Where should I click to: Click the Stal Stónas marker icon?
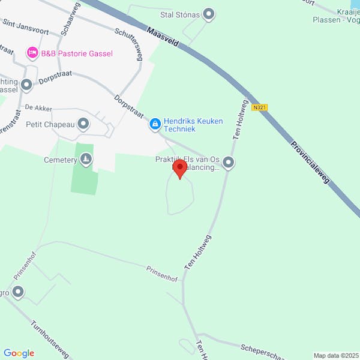tap(209, 14)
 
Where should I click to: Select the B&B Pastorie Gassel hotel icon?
tap(32, 53)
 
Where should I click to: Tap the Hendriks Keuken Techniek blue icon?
tap(155, 124)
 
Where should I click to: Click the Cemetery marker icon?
tap(86, 159)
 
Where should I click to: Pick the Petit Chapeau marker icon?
tap(83, 125)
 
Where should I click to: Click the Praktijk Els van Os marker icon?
tap(229, 162)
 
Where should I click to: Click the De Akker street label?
tap(38, 108)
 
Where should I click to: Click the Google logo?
tap(19, 353)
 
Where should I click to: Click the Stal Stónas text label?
tap(180, 14)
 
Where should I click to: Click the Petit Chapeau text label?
tap(50, 125)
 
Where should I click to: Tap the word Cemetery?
tap(61, 160)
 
